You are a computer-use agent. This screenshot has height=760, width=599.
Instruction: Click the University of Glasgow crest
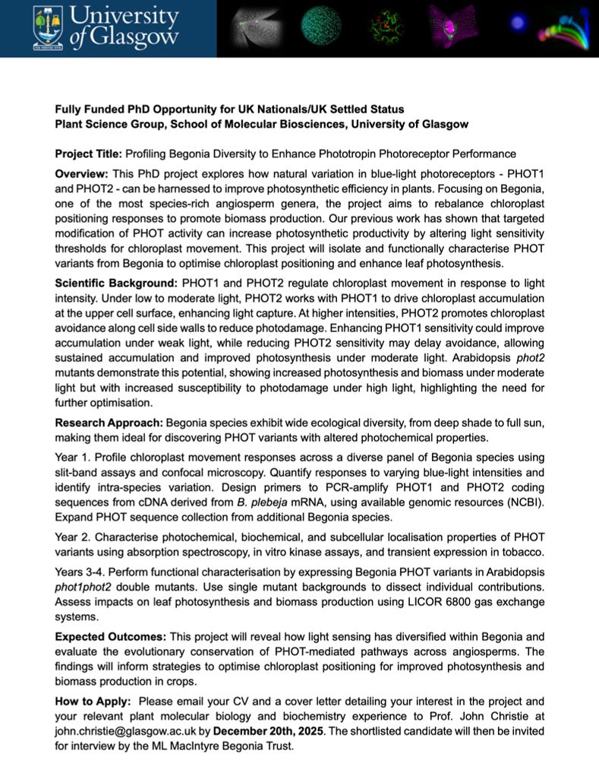click(48, 28)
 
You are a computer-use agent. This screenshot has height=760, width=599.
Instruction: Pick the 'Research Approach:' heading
click(109, 421)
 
